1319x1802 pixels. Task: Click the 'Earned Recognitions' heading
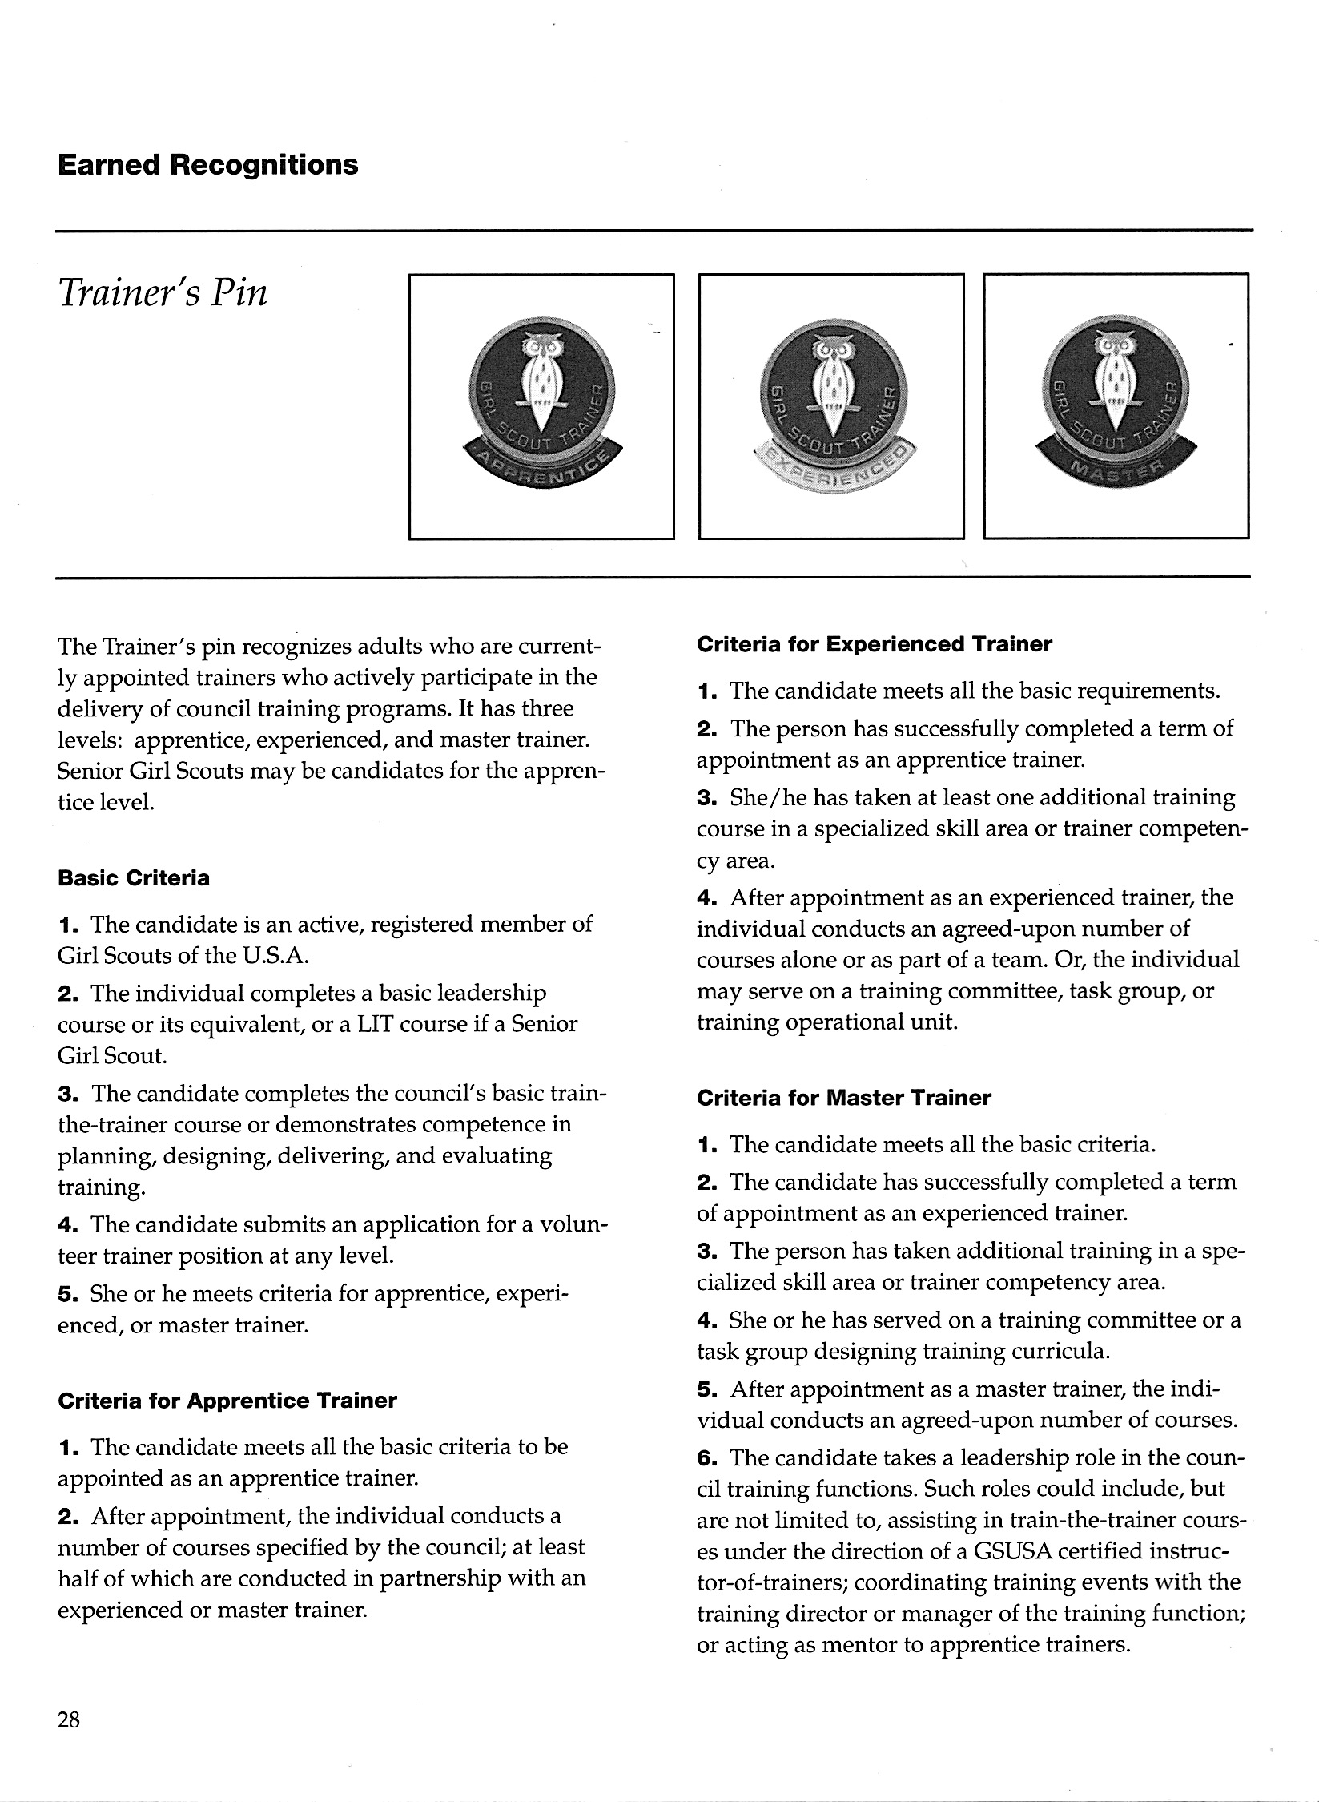(x=208, y=166)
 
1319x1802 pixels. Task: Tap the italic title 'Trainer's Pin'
(x=163, y=294)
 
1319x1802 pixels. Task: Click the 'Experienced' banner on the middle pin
(x=833, y=478)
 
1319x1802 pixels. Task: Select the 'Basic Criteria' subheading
(x=134, y=878)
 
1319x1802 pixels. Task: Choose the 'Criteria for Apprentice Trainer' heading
(x=227, y=1401)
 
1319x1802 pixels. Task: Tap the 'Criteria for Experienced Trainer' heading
(x=875, y=644)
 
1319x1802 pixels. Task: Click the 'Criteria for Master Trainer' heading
(x=844, y=1098)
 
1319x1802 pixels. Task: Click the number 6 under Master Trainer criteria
(x=704, y=1457)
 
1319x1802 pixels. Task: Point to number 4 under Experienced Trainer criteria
(x=704, y=898)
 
